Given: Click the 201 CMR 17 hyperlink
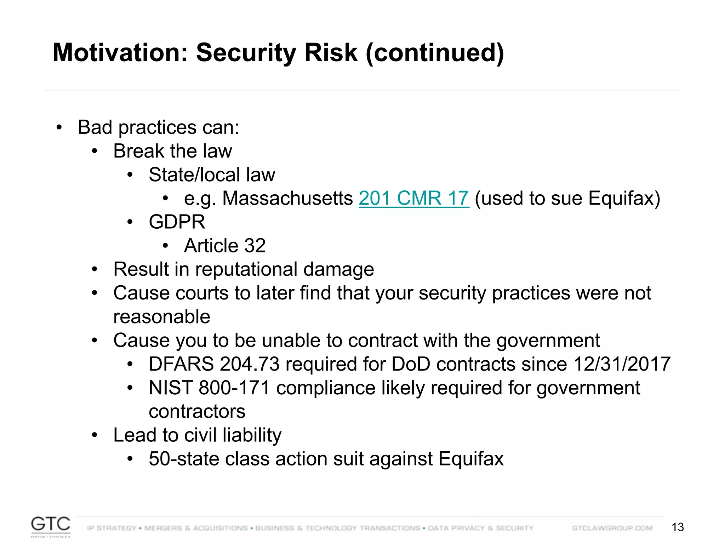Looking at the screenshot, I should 413,198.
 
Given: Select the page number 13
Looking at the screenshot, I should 678,527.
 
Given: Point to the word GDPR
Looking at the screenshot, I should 177,222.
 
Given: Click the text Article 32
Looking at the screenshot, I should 224,246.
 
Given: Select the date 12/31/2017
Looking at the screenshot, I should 622,364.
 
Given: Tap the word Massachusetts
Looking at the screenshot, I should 287,198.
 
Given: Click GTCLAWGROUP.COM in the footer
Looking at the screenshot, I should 612,528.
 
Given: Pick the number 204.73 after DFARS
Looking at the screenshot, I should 249,364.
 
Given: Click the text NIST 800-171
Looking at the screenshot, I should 209,388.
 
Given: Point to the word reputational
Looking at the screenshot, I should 246,269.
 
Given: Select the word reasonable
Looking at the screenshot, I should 161,317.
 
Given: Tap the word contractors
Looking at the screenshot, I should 197,411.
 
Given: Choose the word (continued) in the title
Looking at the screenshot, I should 434,52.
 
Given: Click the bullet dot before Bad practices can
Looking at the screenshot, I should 59,127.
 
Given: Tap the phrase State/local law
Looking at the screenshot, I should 212,175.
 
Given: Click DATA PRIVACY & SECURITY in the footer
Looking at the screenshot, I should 480,528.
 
